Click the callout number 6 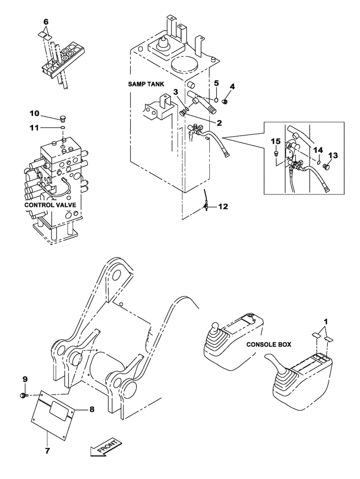click(46, 22)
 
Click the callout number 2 click(219, 123)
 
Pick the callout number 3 click(176, 91)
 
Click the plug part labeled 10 click(62, 117)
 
